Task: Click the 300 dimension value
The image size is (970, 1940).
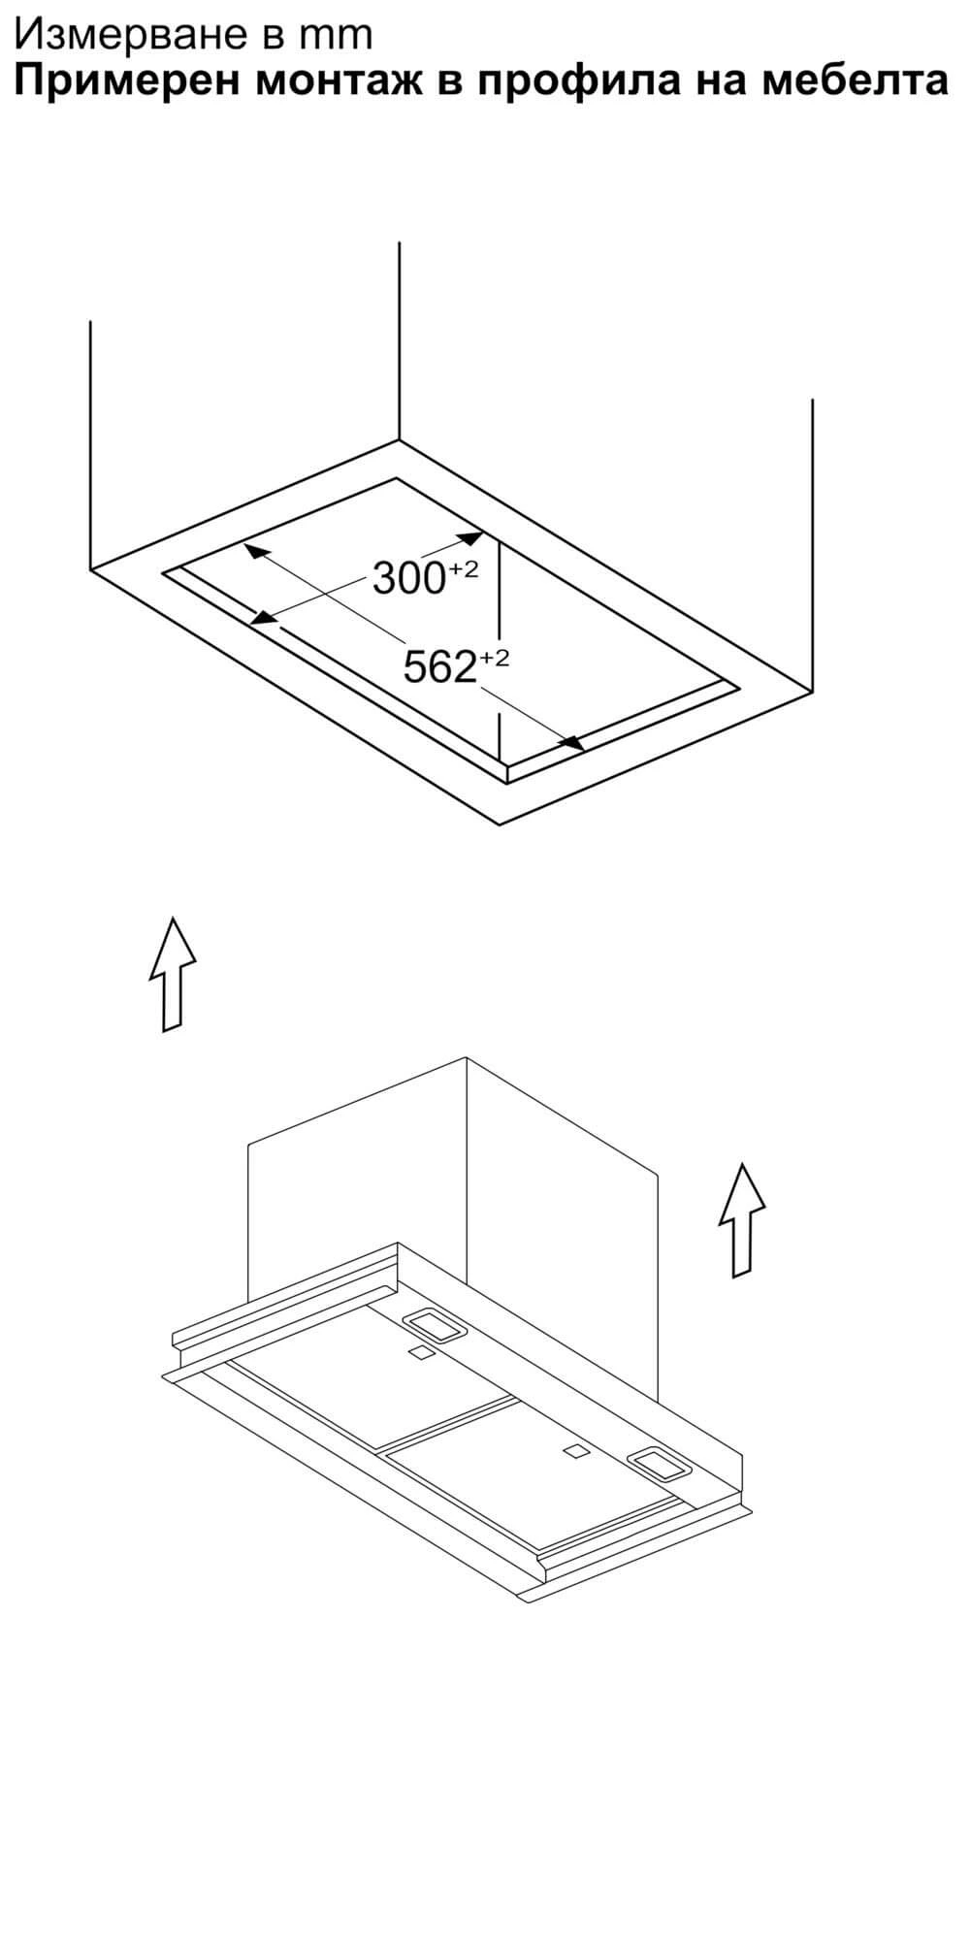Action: pos(407,579)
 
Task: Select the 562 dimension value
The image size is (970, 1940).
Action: pos(438,666)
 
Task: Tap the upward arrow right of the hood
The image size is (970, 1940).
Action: pos(742,1219)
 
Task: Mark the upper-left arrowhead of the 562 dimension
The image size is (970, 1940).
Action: pos(254,551)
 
